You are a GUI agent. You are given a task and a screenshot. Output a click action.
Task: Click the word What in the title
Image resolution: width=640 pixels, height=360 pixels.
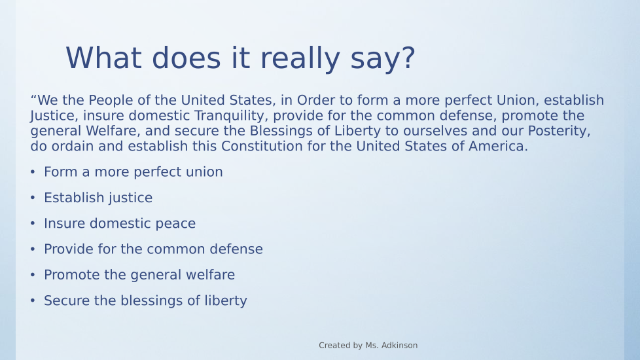pyautogui.click(x=103, y=58)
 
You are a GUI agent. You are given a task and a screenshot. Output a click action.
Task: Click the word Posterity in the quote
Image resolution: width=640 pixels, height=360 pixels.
pyautogui.click(x=559, y=131)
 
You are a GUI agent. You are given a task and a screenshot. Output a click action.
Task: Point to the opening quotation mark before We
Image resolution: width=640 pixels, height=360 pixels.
pyautogui.click(x=33, y=98)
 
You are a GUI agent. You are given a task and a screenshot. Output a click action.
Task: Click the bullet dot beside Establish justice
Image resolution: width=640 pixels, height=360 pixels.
pyautogui.click(x=33, y=198)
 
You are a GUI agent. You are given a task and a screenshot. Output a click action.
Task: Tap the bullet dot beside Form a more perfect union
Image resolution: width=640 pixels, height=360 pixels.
pyautogui.click(x=33, y=172)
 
